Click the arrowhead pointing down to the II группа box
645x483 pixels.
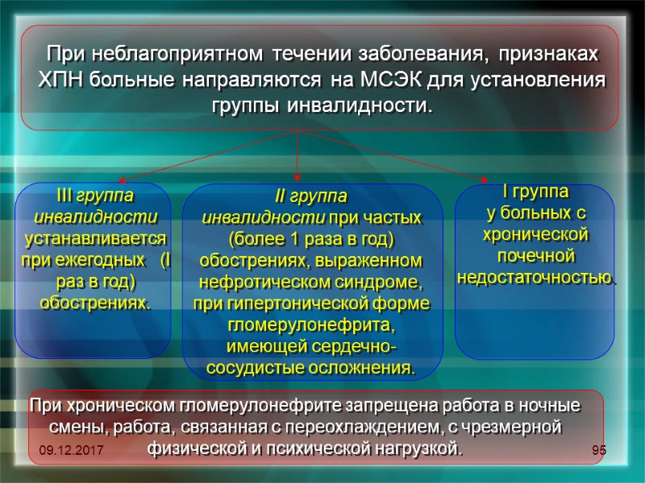click(x=298, y=173)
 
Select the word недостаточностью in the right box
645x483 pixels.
click(x=534, y=278)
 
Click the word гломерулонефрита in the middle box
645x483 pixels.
click(x=311, y=326)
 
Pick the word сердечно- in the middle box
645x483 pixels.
click(x=359, y=347)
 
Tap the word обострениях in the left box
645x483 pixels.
click(x=94, y=303)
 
